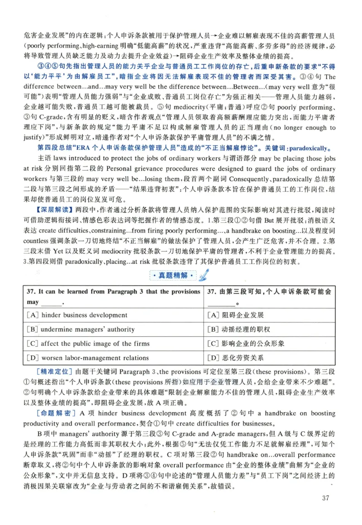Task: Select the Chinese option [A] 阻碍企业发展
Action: click(x=235, y=315)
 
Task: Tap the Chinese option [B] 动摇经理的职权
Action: click(x=238, y=329)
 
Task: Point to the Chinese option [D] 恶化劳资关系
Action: click(x=235, y=358)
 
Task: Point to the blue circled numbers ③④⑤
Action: click(x=47, y=67)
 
